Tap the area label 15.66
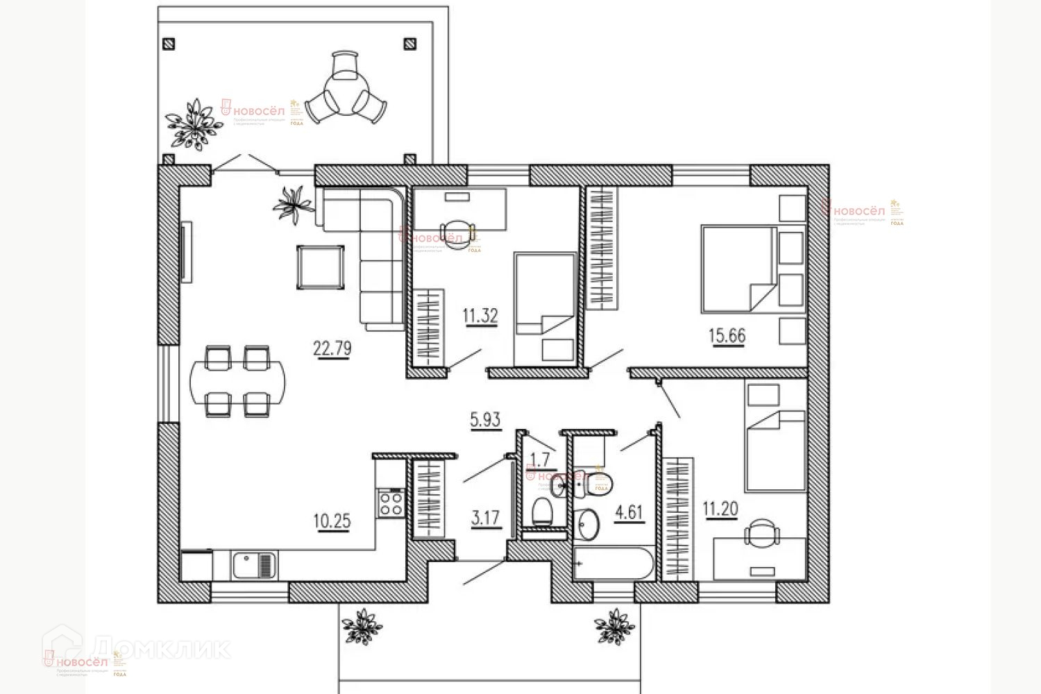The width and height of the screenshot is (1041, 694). pos(727,335)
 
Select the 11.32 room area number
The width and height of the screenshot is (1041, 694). pos(480,316)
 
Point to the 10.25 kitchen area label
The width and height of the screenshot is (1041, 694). pos(332,520)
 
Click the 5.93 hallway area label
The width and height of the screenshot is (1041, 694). pos(485,419)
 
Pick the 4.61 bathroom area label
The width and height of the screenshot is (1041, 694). pos(629,512)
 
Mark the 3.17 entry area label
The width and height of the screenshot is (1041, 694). pos(486,518)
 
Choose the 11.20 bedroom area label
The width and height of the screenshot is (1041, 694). pos(720,509)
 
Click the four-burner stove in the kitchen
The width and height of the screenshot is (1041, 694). pos(391,503)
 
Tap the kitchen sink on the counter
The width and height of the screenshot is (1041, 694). pos(255,565)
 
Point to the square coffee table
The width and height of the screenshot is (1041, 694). pos(320,266)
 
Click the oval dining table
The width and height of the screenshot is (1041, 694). pos(237,381)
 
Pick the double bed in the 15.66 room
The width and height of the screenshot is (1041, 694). pos(739,269)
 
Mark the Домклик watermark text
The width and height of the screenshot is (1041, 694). pos(161,648)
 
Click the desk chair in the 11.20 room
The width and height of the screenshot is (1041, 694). pos(762,535)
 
